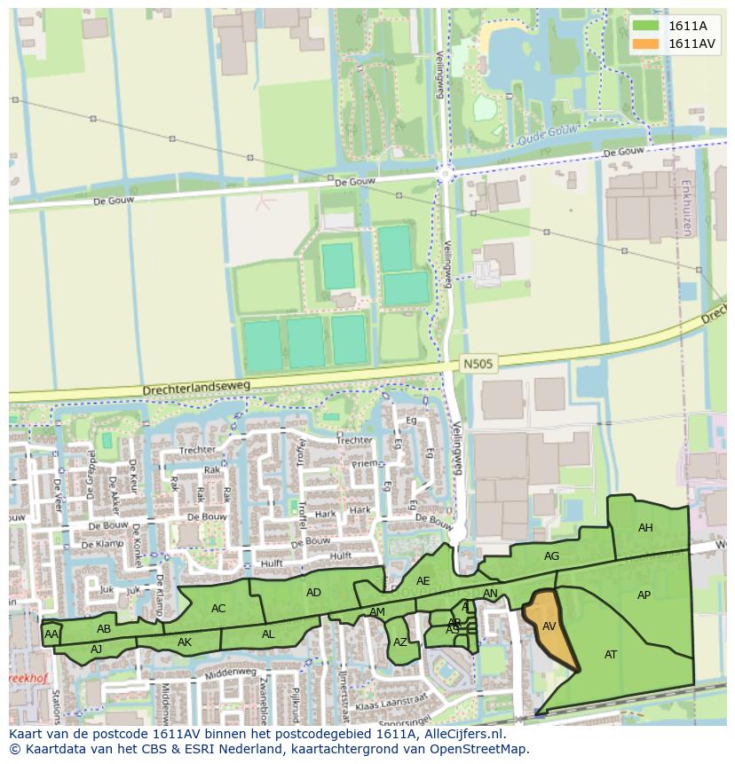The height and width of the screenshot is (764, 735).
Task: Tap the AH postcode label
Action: [645, 528]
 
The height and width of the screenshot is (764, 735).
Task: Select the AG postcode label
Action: [551, 556]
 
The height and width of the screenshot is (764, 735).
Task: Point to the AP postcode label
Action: [644, 595]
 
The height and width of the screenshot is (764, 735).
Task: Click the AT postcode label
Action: [611, 655]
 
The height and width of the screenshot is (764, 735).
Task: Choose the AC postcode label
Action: [218, 609]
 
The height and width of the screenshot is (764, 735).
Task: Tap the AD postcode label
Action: [313, 593]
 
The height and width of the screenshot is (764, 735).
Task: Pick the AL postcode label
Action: [268, 634]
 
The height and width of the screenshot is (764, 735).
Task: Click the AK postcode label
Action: [185, 642]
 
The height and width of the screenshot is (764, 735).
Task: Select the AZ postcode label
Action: [400, 642]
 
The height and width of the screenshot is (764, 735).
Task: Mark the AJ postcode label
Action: [97, 650]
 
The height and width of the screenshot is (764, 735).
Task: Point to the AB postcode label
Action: [104, 629]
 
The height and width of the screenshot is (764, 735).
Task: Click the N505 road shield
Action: [478, 364]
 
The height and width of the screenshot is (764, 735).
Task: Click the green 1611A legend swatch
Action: [646, 26]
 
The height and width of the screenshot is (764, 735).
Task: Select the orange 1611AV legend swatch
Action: [646, 43]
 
